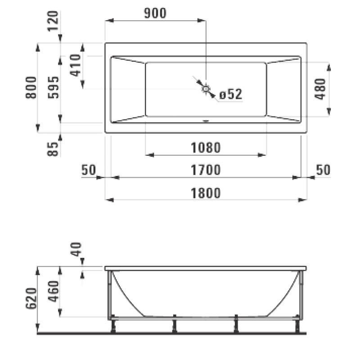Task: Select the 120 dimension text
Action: pos(54,20)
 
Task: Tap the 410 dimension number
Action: pos(74,64)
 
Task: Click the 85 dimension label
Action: pos(54,148)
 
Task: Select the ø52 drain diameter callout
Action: pos(230,94)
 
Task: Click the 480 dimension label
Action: pos(320,89)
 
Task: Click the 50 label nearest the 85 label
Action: pos(90,170)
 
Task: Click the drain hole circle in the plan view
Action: pos(206,89)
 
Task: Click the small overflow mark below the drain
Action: pos(206,121)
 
